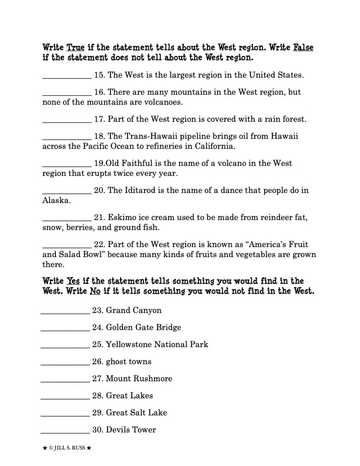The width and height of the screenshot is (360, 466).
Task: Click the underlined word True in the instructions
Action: pos(76,46)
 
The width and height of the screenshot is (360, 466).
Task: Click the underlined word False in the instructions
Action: pos(303,46)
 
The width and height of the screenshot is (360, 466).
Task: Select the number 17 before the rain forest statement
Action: pos(99,119)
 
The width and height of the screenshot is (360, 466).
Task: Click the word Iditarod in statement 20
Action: pos(141,190)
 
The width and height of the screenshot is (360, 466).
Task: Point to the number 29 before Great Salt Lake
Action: pos(98,412)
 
